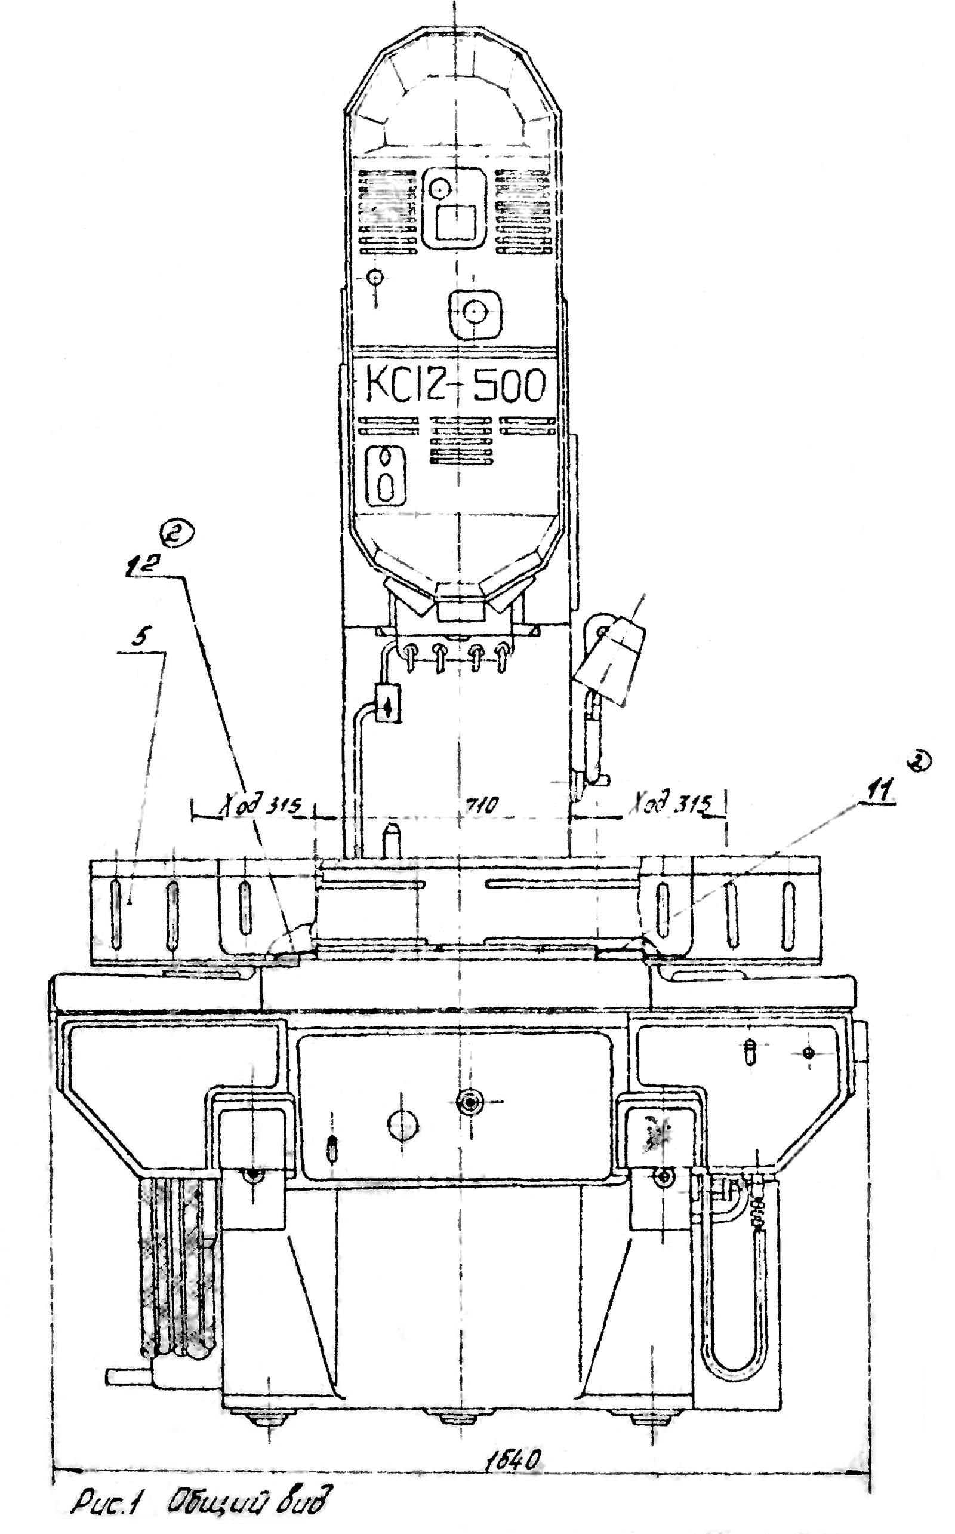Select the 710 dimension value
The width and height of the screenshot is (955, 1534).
click(482, 804)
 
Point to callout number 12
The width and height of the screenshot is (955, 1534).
click(140, 567)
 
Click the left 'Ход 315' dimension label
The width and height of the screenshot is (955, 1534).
click(261, 806)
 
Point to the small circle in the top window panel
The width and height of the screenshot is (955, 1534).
click(440, 187)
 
